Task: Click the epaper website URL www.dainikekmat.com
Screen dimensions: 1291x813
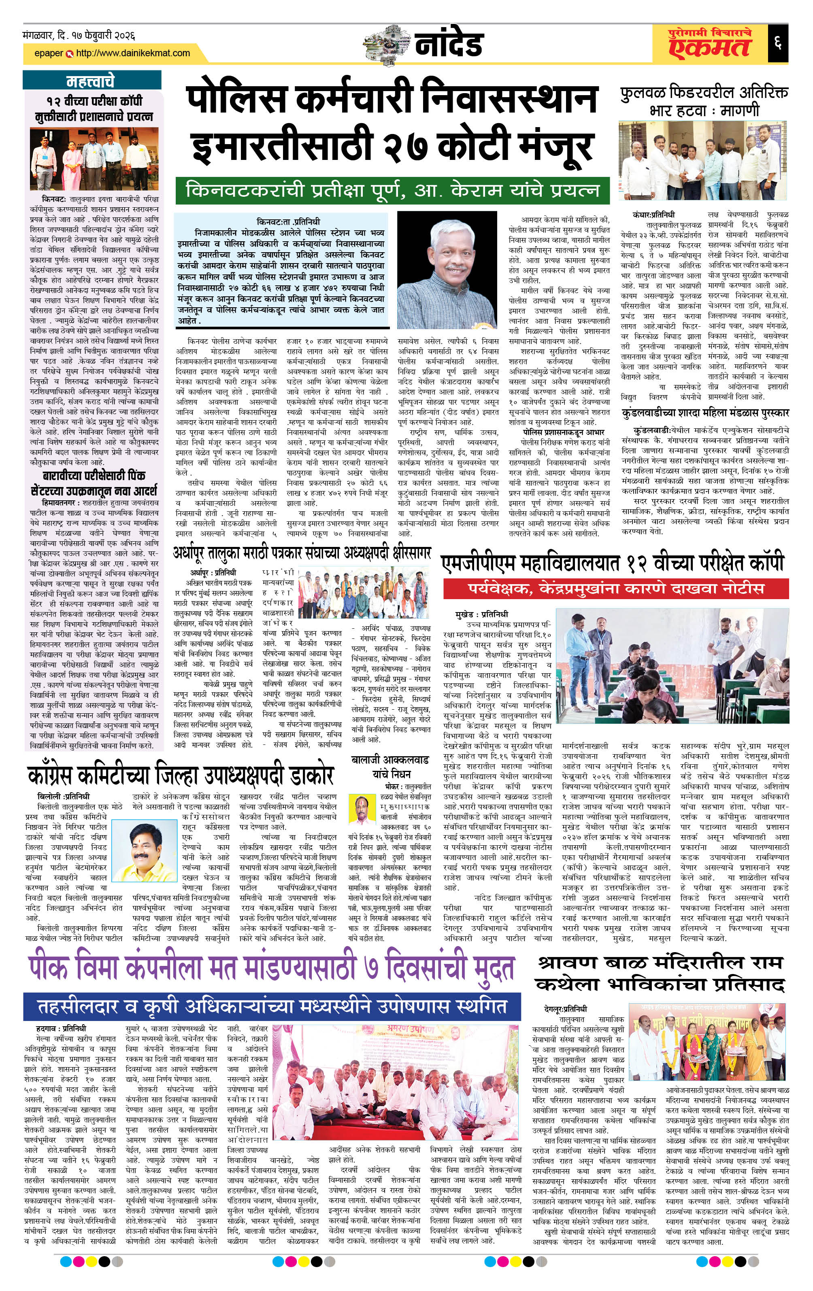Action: coord(133,53)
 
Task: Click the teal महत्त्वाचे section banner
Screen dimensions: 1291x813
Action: coord(91,81)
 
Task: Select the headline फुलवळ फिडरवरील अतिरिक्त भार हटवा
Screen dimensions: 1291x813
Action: coord(704,101)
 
